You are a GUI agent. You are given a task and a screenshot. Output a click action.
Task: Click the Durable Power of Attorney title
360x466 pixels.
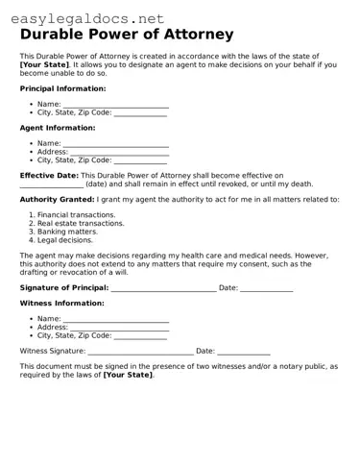[126, 35]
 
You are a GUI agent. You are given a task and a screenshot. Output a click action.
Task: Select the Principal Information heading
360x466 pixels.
[62, 88]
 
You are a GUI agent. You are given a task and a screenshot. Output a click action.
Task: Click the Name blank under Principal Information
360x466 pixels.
[116, 105]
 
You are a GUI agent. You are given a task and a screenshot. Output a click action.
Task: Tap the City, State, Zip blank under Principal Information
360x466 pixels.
[140, 113]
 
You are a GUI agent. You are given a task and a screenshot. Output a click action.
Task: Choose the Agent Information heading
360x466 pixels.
[58, 128]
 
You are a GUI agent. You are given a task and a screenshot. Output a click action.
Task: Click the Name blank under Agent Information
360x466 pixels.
[116, 144]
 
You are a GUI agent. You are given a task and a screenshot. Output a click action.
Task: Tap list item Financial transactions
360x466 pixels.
[76, 215]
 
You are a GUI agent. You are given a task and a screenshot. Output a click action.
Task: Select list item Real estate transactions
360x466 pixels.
[81, 223]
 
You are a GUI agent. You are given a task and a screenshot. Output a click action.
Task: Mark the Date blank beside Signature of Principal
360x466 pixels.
[266, 288]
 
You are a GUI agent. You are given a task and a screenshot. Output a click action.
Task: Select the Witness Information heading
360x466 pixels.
[62, 303]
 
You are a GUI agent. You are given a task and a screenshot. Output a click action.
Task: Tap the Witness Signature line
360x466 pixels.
[141, 352]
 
